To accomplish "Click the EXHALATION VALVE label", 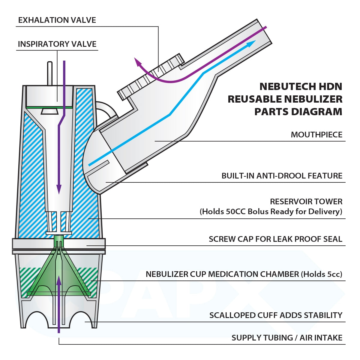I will (57, 20).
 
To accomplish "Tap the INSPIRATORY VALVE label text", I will (57, 44).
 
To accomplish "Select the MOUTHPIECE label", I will (316, 135).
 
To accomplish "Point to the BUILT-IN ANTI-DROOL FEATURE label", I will (282, 176).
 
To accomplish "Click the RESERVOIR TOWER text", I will (306, 202).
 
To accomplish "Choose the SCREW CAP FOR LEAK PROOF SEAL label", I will (275, 239).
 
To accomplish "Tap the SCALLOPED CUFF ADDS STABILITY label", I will (276, 315).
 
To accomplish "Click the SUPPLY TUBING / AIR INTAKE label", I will (287, 338).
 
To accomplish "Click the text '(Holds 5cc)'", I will (322, 274).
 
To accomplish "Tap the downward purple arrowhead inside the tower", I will (59, 189).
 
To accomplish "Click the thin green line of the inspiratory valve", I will (49, 107).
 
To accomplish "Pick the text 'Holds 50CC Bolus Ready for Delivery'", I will (271, 212).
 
